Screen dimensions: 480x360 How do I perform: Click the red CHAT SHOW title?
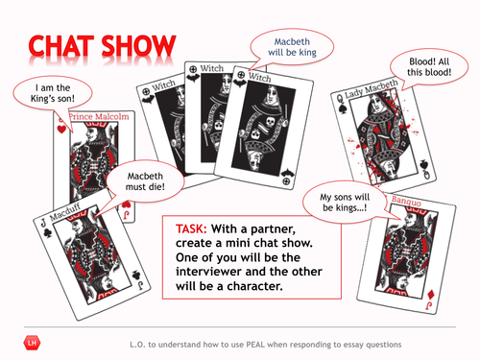pos(102,45)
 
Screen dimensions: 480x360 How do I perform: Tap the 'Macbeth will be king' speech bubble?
pos(292,47)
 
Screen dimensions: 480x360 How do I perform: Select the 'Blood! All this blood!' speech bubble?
pos(429,67)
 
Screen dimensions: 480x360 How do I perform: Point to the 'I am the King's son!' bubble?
pos(53,93)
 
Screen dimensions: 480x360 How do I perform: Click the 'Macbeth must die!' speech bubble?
pos(145,181)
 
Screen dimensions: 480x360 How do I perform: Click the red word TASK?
pos(191,228)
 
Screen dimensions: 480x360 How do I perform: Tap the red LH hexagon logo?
pos(32,344)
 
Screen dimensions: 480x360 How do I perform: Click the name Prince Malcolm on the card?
pos(99,116)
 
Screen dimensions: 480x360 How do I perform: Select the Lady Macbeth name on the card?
pos(372,88)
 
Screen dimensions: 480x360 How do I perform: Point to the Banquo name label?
pos(406,201)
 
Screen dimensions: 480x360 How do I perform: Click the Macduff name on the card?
pos(65,212)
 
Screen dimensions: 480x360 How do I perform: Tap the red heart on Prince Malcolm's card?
pos(61,129)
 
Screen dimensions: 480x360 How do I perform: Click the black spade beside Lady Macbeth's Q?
pos(343,109)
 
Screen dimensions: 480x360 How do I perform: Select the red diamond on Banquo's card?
pos(431,295)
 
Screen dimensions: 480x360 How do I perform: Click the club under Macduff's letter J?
pos(48,232)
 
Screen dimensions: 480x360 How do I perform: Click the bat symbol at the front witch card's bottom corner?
pos(286,173)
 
